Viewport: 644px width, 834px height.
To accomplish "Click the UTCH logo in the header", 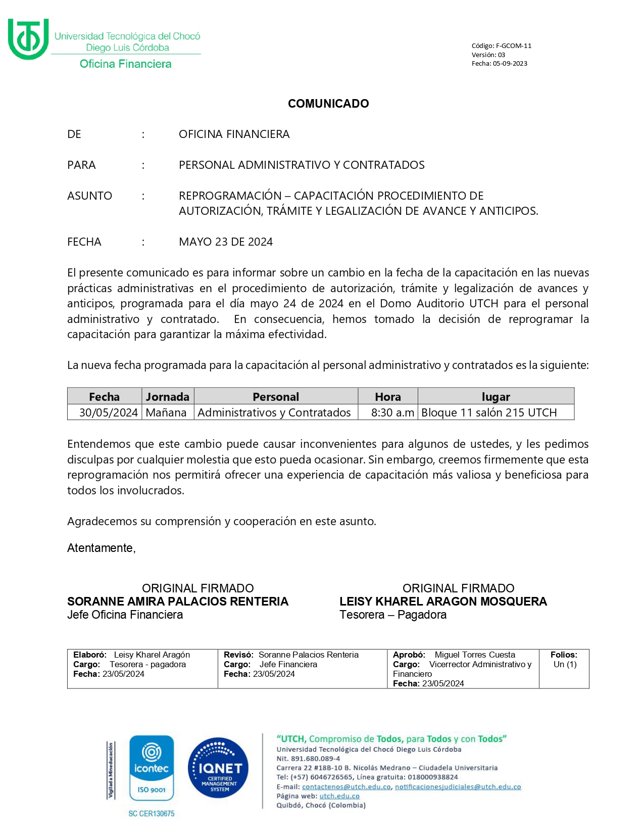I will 28,39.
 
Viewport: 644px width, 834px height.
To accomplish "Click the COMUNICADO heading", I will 328,104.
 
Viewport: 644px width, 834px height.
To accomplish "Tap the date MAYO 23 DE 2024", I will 226,242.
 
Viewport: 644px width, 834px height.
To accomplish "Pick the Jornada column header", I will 168,397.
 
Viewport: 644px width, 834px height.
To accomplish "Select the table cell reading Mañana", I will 166,412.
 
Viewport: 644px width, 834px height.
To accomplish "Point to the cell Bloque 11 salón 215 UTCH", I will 489,412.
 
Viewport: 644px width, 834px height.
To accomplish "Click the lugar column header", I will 496,397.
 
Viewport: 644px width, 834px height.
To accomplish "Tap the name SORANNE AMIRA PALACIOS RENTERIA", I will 178,601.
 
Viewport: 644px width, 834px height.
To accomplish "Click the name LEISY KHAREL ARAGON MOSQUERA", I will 443,601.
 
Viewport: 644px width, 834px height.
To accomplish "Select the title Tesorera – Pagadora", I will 393,615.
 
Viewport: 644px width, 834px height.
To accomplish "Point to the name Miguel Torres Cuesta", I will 475,655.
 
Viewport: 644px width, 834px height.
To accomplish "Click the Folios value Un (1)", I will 565,664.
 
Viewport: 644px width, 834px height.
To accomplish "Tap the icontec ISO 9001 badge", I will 152,768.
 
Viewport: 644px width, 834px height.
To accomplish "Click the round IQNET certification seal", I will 218,768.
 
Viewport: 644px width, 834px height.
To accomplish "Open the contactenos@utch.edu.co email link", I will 346,787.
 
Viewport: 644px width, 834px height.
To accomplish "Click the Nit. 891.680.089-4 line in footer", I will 308,759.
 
